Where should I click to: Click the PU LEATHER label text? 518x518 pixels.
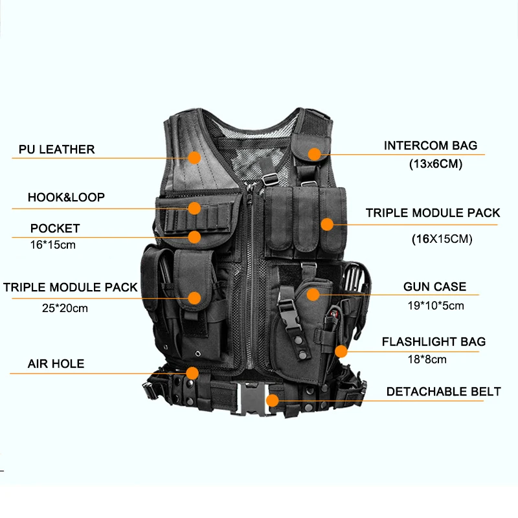56,150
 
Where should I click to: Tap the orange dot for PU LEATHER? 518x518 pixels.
195,157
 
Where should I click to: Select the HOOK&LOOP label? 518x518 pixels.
66,197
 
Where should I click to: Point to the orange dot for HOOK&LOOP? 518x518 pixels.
195,208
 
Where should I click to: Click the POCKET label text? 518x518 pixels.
55,229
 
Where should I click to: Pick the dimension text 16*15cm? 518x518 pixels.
53,245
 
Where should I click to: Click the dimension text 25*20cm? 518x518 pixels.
65,308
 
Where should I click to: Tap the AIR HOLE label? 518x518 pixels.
56,364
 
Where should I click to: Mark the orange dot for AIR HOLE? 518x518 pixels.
192,374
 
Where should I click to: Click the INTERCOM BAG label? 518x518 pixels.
431,145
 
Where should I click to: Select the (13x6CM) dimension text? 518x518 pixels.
436,164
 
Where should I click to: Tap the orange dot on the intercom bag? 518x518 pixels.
315,154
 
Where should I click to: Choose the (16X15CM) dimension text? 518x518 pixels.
442,239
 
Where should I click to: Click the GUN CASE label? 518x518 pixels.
434,286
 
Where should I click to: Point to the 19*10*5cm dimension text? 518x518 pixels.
436,306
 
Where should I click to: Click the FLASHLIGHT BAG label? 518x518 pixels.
434,342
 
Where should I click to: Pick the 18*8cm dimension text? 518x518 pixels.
427,359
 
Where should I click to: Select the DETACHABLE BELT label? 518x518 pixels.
444,392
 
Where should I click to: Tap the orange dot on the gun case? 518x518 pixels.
313,295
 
